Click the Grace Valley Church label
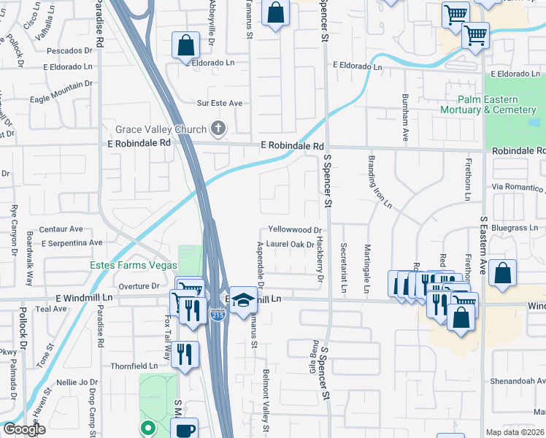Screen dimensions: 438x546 click(161, 130)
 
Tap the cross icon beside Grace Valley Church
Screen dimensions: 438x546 click(217, 129)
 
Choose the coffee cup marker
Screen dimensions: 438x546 click(186, 429)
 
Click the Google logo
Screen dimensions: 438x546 click(23, 430)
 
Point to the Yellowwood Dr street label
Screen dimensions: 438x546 click(295, 229)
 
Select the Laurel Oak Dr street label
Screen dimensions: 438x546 click(290, 245)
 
